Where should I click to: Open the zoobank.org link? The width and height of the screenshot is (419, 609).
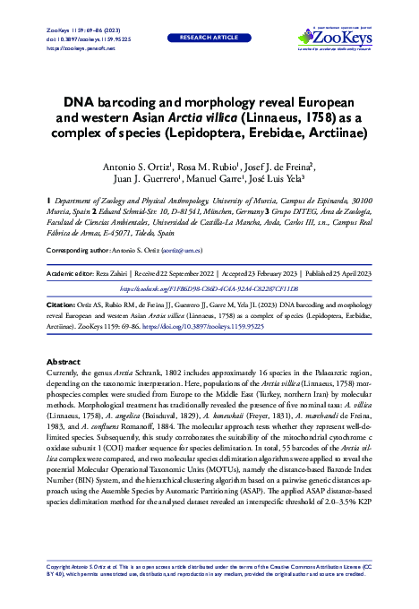pos(209,289)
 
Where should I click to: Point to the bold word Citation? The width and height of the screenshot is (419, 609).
pos(60,304)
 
